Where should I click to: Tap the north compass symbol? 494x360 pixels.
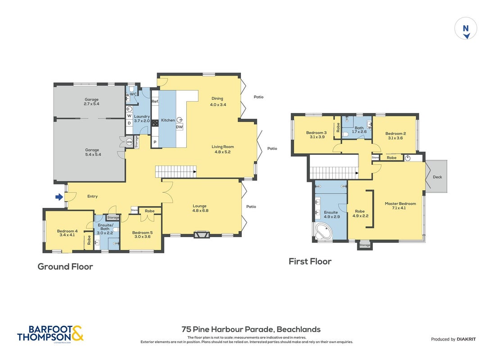(466, 29)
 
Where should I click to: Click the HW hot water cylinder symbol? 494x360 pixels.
(129, 142)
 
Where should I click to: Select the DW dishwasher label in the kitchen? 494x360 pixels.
(179, 127)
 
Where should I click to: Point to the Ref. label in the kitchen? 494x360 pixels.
(155, 101)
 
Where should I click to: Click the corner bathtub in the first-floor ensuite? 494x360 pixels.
(323, 232)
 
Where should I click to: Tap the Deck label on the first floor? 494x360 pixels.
(437, 177)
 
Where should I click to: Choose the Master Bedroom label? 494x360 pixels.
(400, 203)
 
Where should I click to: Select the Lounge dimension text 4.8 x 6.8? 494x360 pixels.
(200, 211)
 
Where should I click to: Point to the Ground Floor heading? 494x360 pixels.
(65, 266)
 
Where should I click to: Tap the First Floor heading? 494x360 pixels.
(310, 261)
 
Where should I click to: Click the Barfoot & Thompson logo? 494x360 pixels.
(50, 333)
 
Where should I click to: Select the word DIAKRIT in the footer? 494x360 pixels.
(466, 339)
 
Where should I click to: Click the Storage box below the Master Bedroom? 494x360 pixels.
(365, 245)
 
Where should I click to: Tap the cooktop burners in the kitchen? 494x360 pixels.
(155, 123)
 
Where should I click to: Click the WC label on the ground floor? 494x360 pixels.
(133, 94)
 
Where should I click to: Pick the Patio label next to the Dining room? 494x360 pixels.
(258, 97)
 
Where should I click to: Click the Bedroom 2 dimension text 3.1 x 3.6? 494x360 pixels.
(395, 138)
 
